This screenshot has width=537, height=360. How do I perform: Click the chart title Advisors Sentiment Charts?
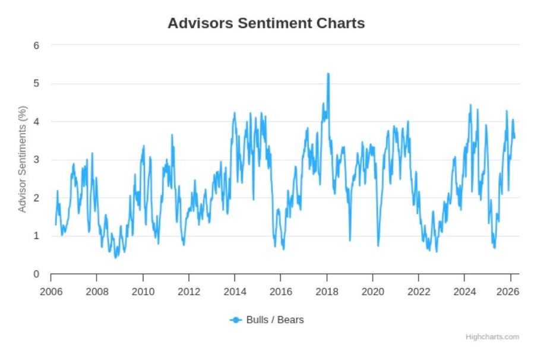coord(266,23)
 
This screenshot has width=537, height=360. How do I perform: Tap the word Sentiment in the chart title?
coord(276,23)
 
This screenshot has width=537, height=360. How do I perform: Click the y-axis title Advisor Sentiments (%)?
coord(23,159)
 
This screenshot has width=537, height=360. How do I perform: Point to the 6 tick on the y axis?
coord(36,45)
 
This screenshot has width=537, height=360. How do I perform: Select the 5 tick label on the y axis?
coord(36,83)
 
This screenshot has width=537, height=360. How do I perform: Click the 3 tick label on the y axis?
coord(36,159)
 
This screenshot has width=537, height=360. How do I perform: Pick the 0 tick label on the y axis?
coord(36,274)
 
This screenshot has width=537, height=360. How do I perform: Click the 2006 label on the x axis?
coord(51,292)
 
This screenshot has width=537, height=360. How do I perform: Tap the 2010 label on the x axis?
coord(143,292)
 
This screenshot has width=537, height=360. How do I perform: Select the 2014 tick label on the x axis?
coord(235,292)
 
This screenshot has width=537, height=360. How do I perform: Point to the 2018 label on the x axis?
coord(327,292)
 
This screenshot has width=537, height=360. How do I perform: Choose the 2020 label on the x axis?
coord(372,292)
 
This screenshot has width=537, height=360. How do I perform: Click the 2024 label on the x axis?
coord(465,292)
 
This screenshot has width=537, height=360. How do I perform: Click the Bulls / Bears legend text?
coord(274,320)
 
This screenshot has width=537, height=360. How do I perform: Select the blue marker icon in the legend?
coord(236,320)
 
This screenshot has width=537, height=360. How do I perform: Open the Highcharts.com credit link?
coord(492,337)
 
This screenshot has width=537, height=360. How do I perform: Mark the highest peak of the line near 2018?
coord(328,74)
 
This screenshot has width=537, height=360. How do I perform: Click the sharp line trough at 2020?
coord(378,245)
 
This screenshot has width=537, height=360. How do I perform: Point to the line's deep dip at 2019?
coord(350,240)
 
